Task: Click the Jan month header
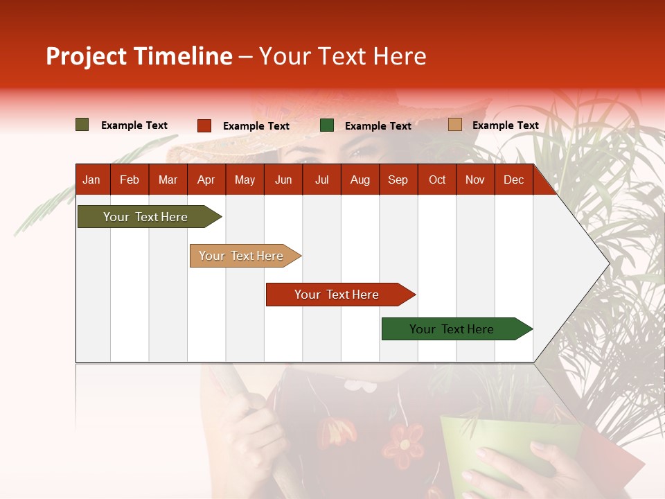pos(92,180)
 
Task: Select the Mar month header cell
pos(168,180)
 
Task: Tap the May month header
pos(245,180)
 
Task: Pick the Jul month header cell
pos(321,180)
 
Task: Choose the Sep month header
pos(398,180)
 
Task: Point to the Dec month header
pos(513,180)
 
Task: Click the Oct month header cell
pos(437,180)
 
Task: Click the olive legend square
pos(82,125)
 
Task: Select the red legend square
pos(204,125)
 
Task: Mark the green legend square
pos(327,125)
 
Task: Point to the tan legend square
pos(454,125)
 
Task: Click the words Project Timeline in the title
pos(139,56)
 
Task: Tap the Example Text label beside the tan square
pos(505,125)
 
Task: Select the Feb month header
pos(130,180)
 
